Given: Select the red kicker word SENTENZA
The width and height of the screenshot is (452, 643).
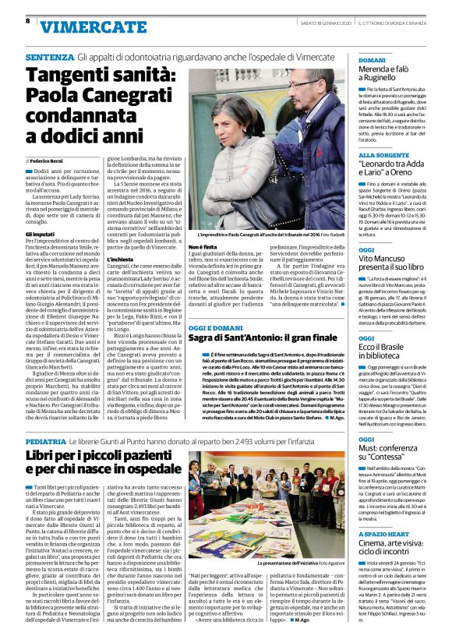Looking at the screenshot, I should point(49,58).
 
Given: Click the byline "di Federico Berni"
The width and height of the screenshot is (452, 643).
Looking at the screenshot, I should point(48,160).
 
